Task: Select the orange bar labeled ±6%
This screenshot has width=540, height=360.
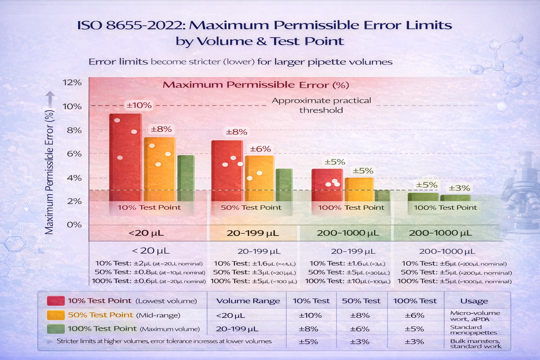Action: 259,178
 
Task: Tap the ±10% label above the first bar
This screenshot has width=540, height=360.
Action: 139,105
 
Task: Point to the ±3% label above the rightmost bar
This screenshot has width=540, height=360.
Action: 459,188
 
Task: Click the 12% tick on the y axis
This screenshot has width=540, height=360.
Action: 72,83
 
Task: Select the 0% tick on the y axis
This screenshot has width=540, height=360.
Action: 74,224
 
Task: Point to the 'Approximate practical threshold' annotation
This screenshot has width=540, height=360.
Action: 321,105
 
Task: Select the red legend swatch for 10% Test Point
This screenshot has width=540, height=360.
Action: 56,301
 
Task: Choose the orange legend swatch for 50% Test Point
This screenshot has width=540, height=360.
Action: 56,315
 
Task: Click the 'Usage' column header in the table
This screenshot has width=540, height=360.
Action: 474,301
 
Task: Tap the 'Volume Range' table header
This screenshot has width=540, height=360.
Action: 248,301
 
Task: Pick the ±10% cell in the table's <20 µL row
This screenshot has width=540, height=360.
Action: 310,315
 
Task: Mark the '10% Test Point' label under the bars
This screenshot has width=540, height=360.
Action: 149,207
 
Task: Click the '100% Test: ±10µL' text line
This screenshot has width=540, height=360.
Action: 347,281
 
